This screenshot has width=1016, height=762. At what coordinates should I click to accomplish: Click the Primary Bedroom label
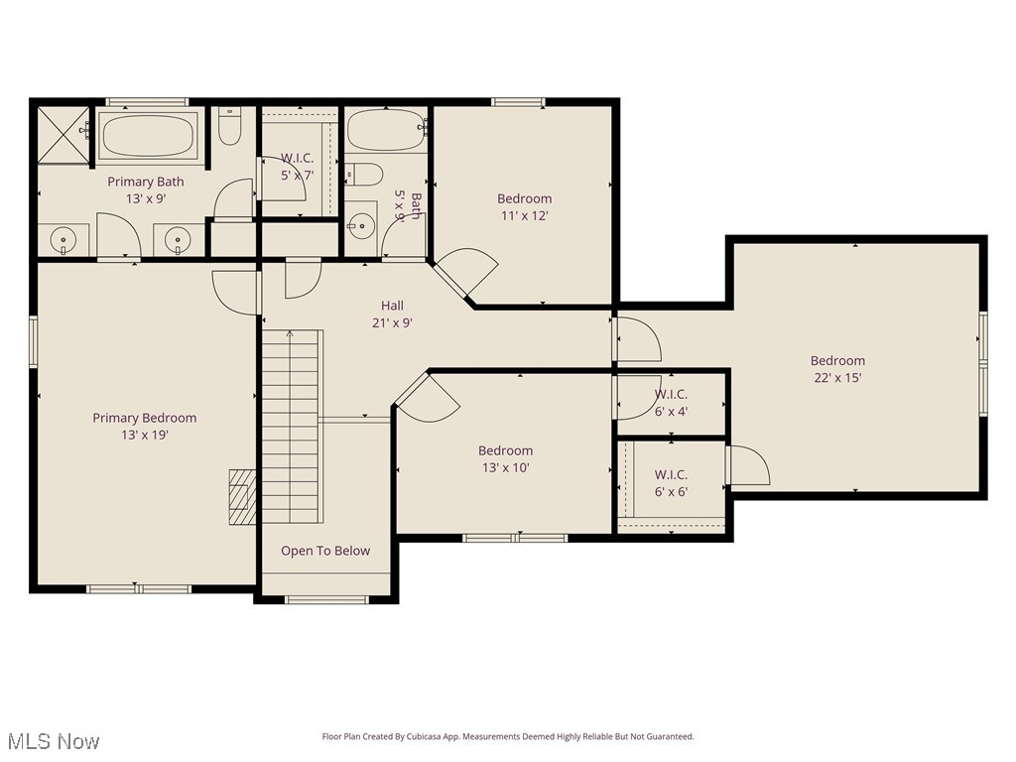(145, 426)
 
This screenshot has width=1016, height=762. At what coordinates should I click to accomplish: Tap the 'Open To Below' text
(324, 551)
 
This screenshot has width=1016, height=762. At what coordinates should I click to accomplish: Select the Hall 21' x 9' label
(392, 314)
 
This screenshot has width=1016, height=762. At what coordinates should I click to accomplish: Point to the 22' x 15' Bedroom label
(837, 369)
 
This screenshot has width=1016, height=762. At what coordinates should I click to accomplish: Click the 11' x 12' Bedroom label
(524, 206)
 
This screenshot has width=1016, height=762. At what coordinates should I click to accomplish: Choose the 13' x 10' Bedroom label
(505, 458)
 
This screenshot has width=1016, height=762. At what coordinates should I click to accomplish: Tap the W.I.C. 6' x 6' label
(671, 483)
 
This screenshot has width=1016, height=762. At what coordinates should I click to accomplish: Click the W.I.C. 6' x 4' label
(671, 402)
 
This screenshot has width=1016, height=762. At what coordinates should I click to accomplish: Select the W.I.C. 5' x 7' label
(297, 167)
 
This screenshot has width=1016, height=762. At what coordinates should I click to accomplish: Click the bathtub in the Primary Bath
(149, 136)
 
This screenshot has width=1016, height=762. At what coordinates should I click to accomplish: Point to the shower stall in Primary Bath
(64, 135)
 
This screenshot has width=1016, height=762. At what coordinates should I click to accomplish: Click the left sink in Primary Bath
(63, 239)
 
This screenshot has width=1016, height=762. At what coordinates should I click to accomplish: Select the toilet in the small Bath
(364, 175)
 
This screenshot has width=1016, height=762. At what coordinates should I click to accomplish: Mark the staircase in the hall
(292, 427)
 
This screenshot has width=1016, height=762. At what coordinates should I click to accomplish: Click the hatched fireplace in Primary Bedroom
(242, 496)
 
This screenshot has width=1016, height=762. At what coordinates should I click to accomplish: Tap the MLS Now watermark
(54, 741)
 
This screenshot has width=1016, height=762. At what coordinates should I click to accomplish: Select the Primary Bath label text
(145, 182)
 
